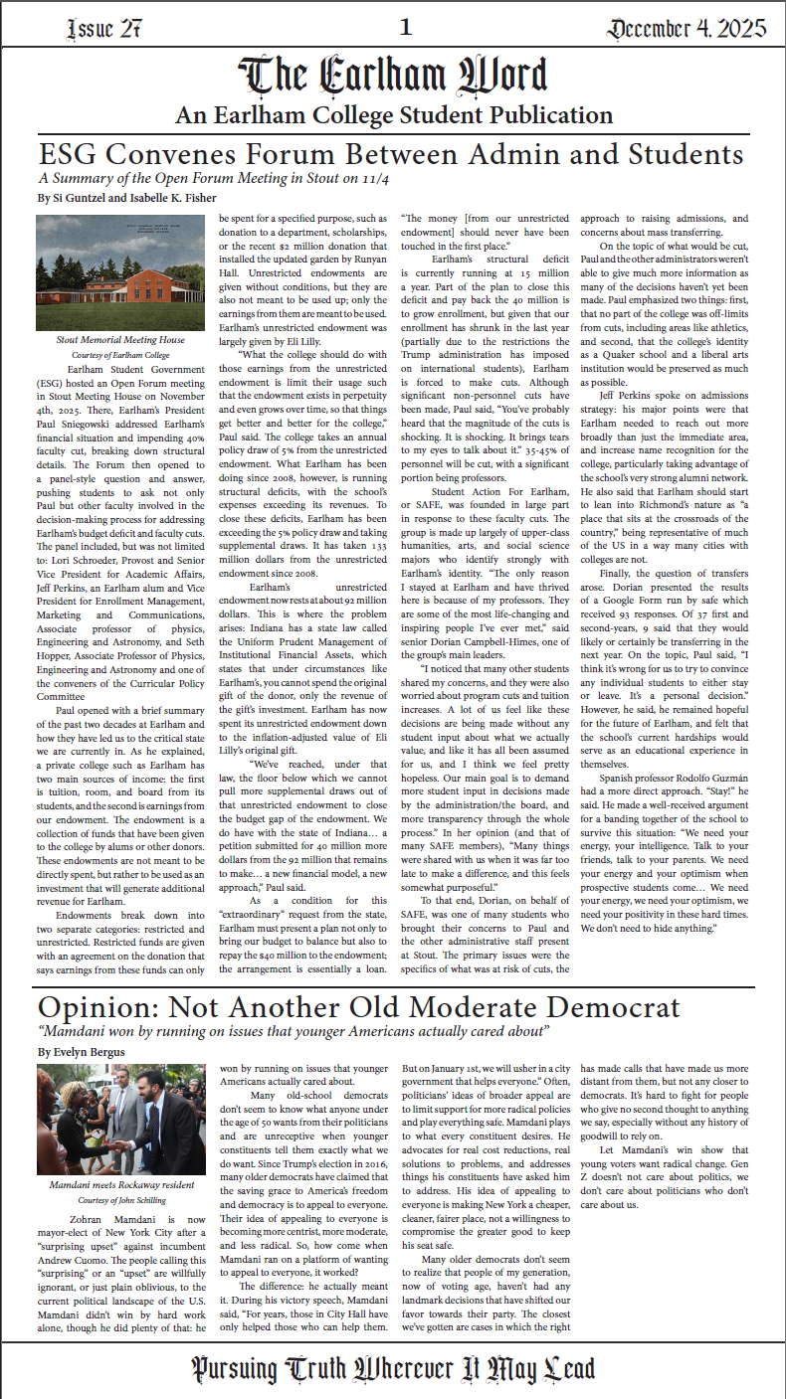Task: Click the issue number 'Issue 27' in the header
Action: pyautogui.click(x=102, y=29)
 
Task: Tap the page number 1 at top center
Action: pyautogui.click(x=405, y=27)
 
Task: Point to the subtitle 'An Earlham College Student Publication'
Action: pyautogui.click(x=393, y=115)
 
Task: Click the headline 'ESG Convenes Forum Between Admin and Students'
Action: pyautogui.click(x=391, y=154)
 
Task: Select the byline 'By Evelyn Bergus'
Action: pyautogui.click(x=82, y=1051)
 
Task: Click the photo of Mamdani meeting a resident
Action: pyautogui.click(x=119, y=1120)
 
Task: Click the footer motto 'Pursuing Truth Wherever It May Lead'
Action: pyautogui.click(x=393, y=1368)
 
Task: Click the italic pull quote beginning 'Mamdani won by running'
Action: pyautogui.click(x=294, y=1031)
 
